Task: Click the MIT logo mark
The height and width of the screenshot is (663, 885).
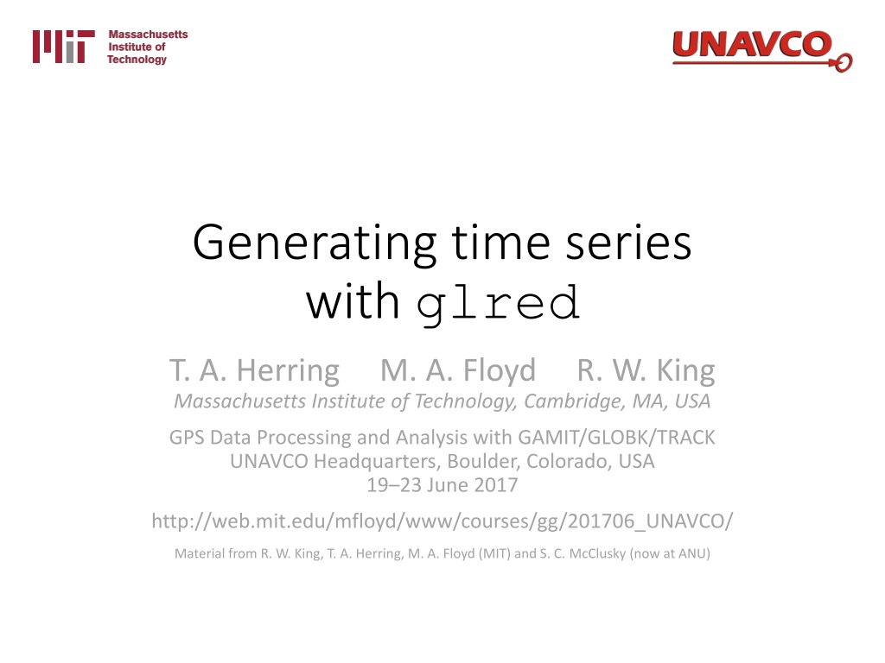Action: [x=64, y=47]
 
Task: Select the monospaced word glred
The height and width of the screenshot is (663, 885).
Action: [x=499, y=305]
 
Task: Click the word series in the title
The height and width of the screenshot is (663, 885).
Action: [x=628, y=243]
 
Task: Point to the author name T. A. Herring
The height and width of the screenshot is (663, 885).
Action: [x=255, y=371]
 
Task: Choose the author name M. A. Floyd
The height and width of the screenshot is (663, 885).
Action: [x=458, y=371]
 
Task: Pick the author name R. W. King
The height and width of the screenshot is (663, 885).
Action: [x=646, y=371]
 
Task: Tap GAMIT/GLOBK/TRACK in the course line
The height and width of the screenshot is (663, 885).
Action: [x=616, y=438]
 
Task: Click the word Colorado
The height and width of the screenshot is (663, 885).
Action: [x=570, y=462]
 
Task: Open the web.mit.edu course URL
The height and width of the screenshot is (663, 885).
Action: [x=442, y=521]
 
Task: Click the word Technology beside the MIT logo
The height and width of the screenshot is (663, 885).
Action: [x=137, y=60]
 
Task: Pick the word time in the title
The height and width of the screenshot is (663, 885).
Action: [x=501, y=243]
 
